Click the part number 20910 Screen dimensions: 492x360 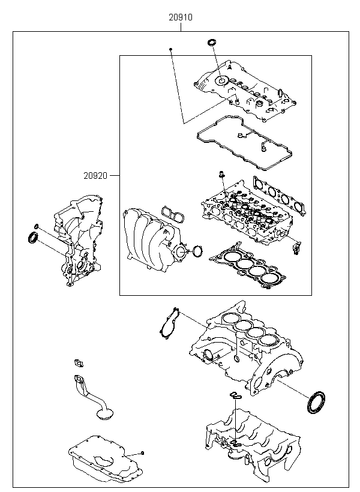tap(180, 18)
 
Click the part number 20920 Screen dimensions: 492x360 tap(96, 176)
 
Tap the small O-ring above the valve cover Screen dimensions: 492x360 tap(211, 43)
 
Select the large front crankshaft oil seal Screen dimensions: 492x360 tap(34, 239)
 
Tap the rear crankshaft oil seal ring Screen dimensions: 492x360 tap(316, 402)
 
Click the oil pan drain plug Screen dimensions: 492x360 tap(143, 452)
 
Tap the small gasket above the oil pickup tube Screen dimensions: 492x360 tap(78, 362)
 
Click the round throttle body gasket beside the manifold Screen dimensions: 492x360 tap(197, 250)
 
